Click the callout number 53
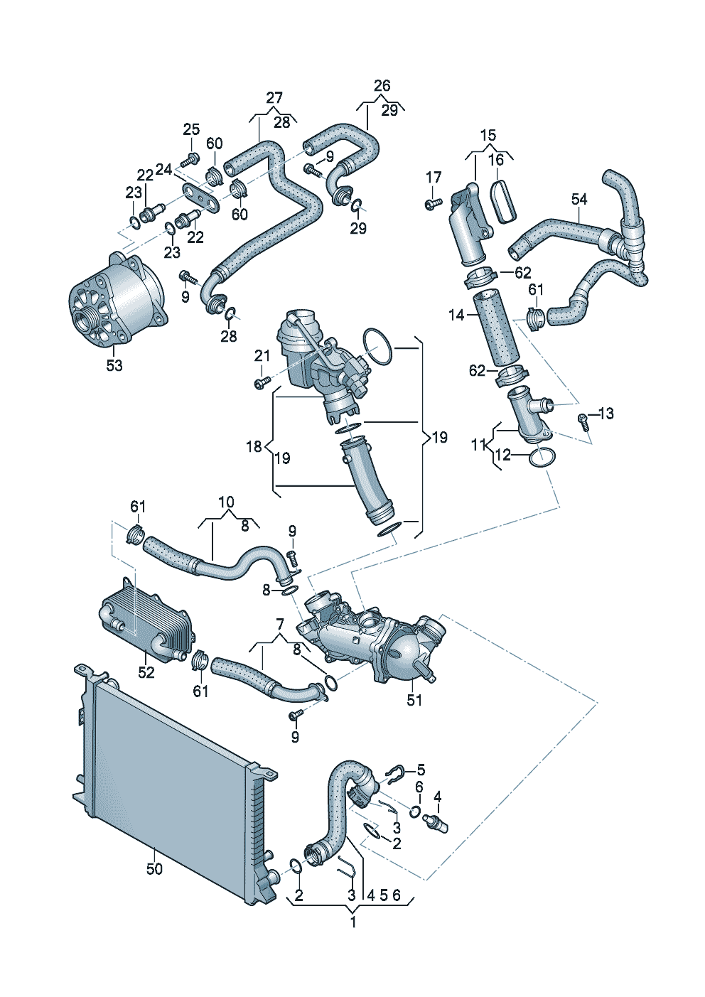point(114,365)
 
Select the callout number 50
point(154,868)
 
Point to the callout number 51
point(414,700)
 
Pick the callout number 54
point(579,199)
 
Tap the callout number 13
point(606,414)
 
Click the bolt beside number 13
point(583,421)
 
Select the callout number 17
point(434,177)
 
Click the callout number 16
point(496,160)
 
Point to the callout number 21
point(262,355)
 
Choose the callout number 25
point(191,129)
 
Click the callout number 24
point(163,169)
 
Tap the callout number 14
point(456,314)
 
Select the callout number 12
point(502,455)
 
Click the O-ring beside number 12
point(542,458)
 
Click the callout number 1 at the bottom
point(353,922)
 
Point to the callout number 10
point(226,502)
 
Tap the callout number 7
point(280,624)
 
